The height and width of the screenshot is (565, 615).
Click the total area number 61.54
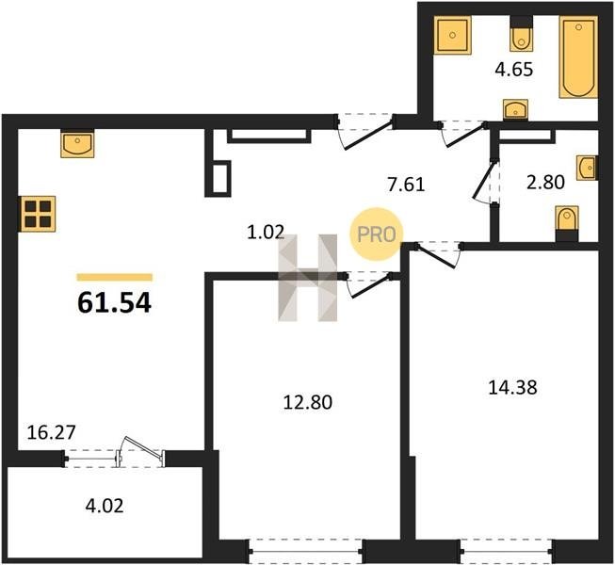tap(114, 303)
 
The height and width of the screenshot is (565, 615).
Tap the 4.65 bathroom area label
tap(514, 70)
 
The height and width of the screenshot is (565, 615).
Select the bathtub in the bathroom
tap(578, 57)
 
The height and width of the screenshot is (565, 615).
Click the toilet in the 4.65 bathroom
tap(521, 34)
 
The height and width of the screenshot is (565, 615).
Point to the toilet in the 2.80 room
tap(567, 223)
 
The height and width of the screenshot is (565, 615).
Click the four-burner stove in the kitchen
tap(38, 214)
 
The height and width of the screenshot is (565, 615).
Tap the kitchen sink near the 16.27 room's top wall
tap(77, 143)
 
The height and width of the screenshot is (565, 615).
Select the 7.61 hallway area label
tap(406, 185)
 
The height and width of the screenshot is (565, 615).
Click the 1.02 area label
tap(266, 232)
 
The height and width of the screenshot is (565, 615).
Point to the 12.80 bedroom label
tap(307, 402)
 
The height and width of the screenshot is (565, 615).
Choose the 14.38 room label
tap(512, 388)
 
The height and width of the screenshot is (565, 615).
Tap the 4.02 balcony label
tap(105, 506)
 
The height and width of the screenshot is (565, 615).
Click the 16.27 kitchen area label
tap(51, 433)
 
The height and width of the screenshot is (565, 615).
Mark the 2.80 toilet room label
tap(545, 183)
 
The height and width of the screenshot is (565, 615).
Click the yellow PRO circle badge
tap(376, 234)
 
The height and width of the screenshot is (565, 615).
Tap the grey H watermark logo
tap(307, 278)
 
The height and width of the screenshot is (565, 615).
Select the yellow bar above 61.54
tap(115, 277)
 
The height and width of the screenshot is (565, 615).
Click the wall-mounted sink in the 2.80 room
tap(587, 169)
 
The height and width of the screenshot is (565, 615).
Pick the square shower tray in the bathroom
tap(452, 35)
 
